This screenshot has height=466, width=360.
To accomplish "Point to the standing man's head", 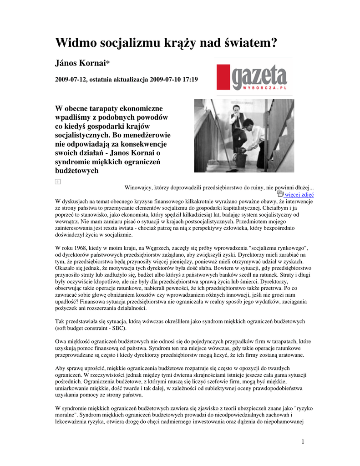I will point(236,111).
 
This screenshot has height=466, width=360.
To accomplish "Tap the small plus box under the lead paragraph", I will point(58,182).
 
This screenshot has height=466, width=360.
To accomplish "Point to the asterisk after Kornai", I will point(107,64).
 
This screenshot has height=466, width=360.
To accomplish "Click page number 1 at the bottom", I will point(303,441).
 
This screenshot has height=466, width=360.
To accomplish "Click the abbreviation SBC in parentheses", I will point(119,328).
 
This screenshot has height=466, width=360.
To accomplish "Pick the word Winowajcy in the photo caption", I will point(138,187).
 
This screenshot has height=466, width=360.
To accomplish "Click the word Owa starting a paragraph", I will point(61,340).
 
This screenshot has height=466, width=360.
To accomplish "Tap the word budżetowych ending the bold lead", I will point(76,171).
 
